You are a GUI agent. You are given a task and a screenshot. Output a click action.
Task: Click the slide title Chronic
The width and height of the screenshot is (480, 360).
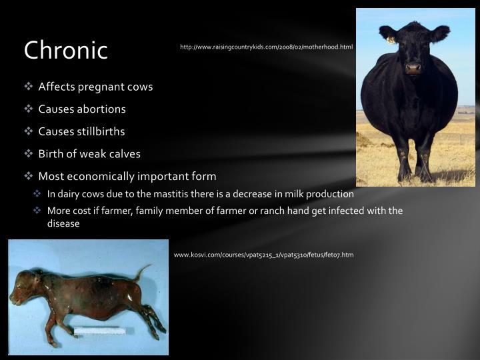(65, 50)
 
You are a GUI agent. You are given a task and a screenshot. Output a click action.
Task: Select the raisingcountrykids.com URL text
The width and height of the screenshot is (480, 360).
(266, 47)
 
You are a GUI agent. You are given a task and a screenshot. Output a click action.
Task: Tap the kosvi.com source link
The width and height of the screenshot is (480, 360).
(263, 255)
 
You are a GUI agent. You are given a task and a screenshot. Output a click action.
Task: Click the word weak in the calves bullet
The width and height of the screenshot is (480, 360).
(91, 154)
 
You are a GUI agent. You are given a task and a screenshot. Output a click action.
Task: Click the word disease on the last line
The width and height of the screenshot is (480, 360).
(63, 224)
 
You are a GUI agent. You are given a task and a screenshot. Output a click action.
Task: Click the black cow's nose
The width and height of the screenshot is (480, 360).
(413, 67)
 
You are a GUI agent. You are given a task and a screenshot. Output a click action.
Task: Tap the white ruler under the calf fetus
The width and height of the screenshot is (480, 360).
(99, 331)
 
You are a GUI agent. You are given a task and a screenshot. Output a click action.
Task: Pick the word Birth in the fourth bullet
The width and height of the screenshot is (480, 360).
(51, 154)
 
